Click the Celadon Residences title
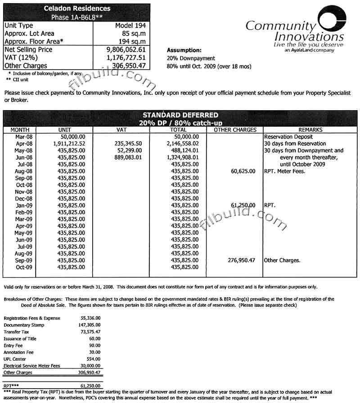(77, 9)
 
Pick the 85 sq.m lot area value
(136, 33)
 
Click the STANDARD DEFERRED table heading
(180, 115)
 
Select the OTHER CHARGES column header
(235, 130)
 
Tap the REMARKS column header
(310, 130)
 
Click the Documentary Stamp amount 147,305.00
(89, 325)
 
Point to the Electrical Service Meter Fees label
(31, 366)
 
